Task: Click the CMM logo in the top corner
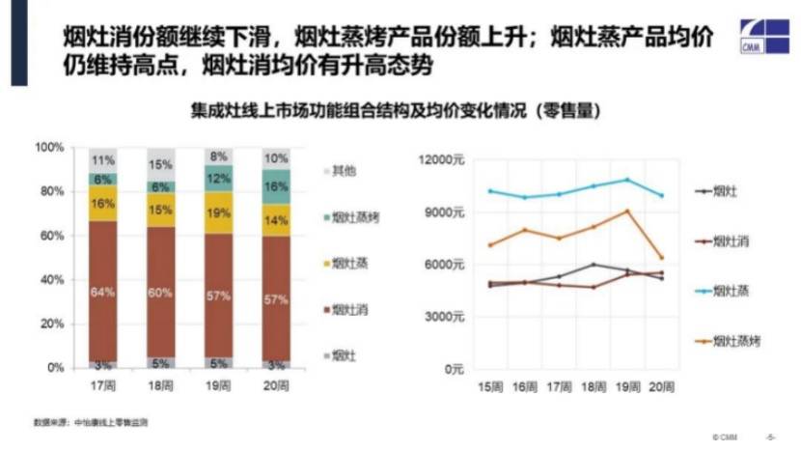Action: click(763, 36)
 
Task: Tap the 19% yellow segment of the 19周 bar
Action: click(219, 212)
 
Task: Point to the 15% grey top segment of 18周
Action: click(161, 165)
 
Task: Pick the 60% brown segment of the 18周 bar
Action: click(161, 293)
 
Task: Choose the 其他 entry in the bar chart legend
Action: click(341, 171)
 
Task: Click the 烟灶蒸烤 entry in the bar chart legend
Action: click(353, 217)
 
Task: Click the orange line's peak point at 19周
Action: click(627, 211)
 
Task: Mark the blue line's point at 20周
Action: click(660, 195)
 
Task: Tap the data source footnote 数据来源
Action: click(91, 423)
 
